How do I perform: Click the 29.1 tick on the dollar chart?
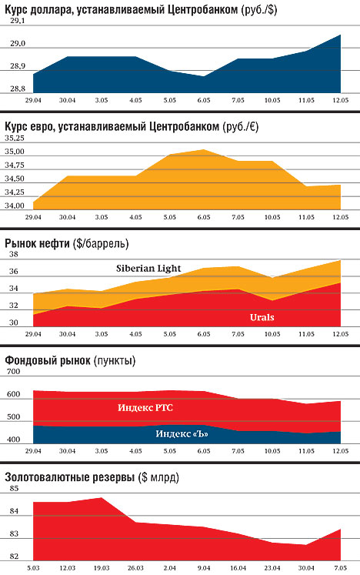pyautogui.click(x=18, y=21)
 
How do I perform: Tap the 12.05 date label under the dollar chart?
pyautogui.click(x=340, y=100)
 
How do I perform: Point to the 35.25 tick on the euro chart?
pyautogui.click(x=15, y=139)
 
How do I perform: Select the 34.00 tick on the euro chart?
pyautogui.click(x=15, y=206)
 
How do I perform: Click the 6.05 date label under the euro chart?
pyautogui.click(x=204, y=217)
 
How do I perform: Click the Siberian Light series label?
pyautogui.click(x=148, y=268)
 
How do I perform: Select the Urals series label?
pyautogui.click(x=262, y=317)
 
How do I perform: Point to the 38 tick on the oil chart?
pyautogui.click(x=14, y=255)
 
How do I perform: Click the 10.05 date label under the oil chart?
pyautogui.click(x=272, y=334)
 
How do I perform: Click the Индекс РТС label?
pyautogui.click(x=145, y=407)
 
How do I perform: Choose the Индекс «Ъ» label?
pyautogui.click(x=182, y=434)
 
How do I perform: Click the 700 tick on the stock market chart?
pyautogui.click(x=13, y=372)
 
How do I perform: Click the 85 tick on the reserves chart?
pyautogui.click(x=14, y=489)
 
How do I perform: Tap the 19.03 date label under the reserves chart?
pyautogui.click(x=102, y=568)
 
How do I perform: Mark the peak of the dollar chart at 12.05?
pyautogui.click(x=340, y=35)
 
